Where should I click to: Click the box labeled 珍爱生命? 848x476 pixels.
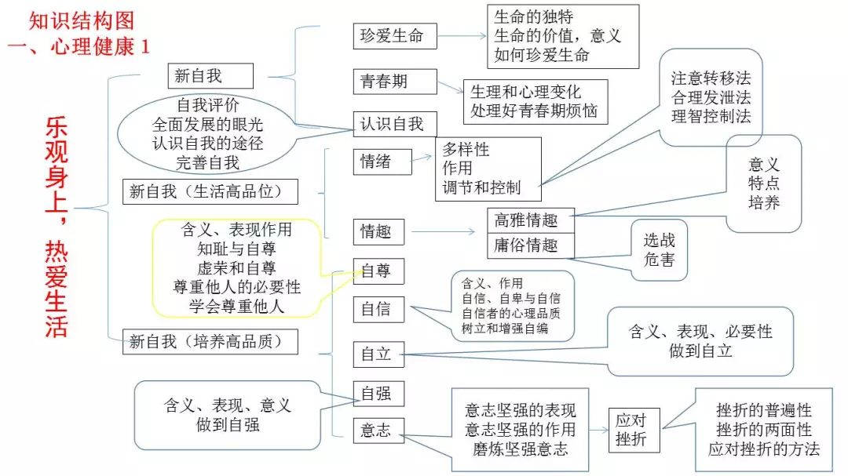[x=394, y=36]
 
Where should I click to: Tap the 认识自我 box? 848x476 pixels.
[x=393, y=123]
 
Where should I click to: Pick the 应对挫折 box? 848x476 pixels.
[x=634, y=430]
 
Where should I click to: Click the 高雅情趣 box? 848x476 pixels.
[x=531, y=220]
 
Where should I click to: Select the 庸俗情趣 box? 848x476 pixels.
[x=531, y=245]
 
